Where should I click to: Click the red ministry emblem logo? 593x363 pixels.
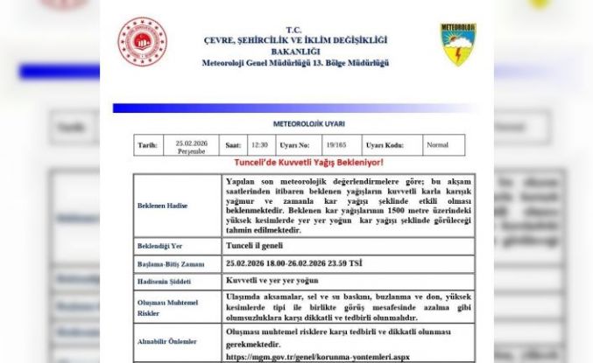[142, 42]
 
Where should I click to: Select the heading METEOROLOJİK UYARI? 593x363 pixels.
[296, 124]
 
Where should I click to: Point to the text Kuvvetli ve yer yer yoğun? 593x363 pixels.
[280, 281]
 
